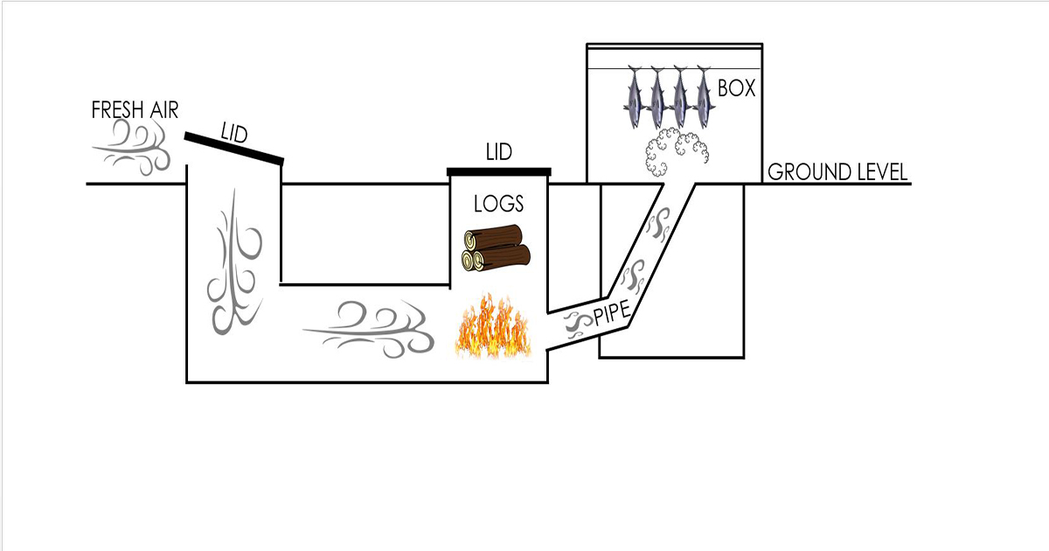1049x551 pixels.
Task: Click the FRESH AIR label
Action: (135, 110)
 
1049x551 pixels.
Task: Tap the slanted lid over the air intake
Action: (233, 149)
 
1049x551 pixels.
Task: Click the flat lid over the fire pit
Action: (498, 171)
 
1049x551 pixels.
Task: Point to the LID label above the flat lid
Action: (498, 153)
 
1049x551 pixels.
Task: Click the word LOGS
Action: (498, 205)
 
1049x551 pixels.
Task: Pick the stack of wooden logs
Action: (497, 248)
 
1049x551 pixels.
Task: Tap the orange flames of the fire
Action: (493, 328)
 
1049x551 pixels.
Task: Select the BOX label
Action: (736, 88)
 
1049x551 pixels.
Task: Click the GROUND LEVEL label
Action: (837, 172)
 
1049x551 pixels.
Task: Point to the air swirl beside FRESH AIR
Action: (131, 146)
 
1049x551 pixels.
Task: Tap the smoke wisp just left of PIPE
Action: (578, 324)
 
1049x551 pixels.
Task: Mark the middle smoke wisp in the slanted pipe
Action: (631, 275)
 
